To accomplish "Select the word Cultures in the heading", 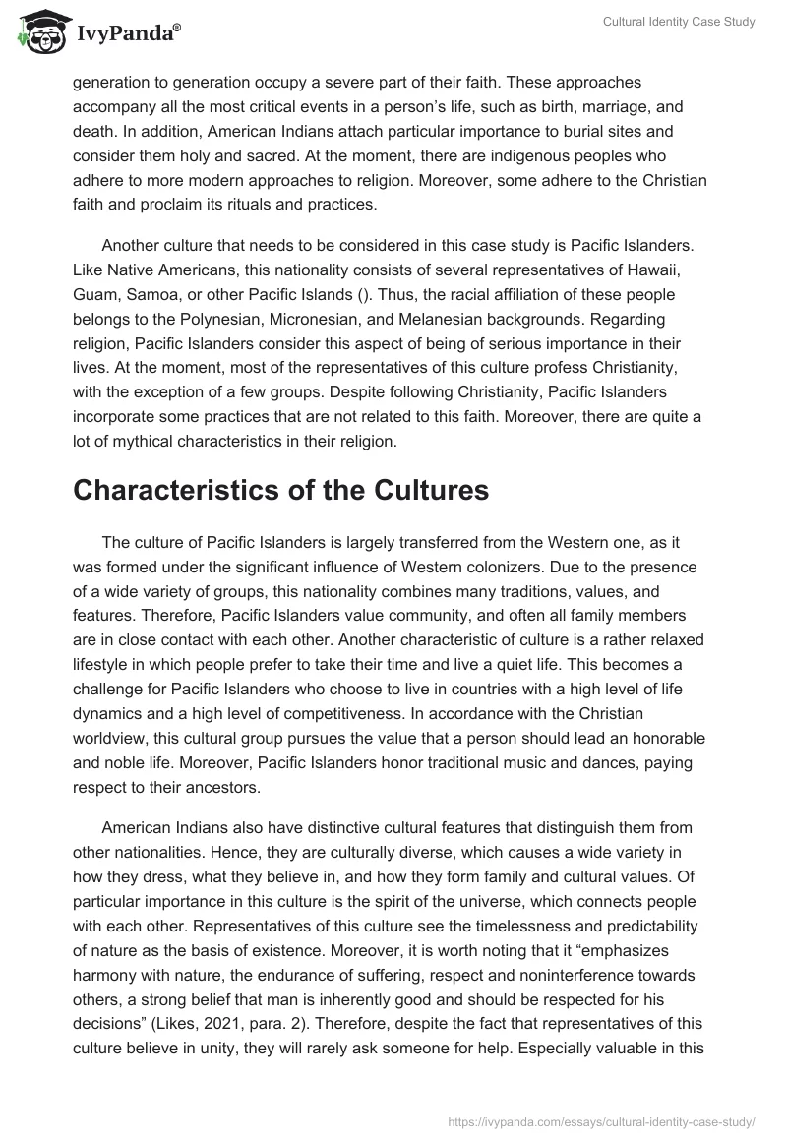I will pyautogui.click(x=432, y=491).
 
